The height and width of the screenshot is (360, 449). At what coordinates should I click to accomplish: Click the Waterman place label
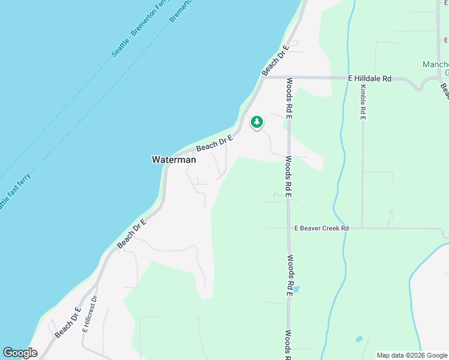173,160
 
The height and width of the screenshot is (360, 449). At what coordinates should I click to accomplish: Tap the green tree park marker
257,122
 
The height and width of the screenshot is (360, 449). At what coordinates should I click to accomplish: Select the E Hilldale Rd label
370,79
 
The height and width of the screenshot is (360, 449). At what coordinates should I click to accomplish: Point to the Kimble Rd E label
363,102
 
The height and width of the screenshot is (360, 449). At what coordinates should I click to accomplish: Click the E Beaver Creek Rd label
322,229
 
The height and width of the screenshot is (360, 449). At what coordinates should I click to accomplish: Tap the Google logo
20,353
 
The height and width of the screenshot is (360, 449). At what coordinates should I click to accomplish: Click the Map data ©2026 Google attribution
411,355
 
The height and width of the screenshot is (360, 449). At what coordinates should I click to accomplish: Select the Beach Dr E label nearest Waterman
214,143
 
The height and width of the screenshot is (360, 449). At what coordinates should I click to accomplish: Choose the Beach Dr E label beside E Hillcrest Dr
68,322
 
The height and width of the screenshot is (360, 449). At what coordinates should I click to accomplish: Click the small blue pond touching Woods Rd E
295,289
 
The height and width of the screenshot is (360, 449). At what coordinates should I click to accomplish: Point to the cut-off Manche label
435,65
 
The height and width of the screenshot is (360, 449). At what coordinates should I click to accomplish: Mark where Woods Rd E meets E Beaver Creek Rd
289,228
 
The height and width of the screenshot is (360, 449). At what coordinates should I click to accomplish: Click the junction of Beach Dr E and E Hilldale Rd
262,77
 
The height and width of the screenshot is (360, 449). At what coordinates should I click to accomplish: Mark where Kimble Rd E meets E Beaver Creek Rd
363,228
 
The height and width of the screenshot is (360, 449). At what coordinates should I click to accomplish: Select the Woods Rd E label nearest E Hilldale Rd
289,98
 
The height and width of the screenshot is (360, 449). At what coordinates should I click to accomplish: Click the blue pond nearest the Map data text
359,339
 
